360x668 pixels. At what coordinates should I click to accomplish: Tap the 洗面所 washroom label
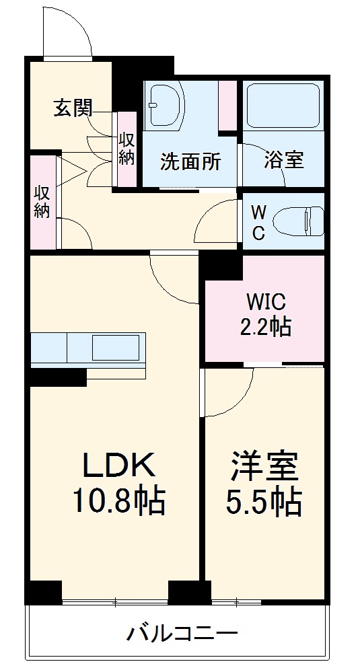[190, 161]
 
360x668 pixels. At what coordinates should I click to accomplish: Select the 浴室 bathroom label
[283, 160]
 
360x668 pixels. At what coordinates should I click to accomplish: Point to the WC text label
[258, 223]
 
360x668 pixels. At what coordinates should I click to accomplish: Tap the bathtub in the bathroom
[283, 106]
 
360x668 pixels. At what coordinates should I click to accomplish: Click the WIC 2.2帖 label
[266, 314]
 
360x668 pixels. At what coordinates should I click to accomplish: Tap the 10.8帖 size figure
[119, 500]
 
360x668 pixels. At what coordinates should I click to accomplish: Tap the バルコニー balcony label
[182, 634]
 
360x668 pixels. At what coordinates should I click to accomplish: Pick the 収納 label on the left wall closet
[42, 201]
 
